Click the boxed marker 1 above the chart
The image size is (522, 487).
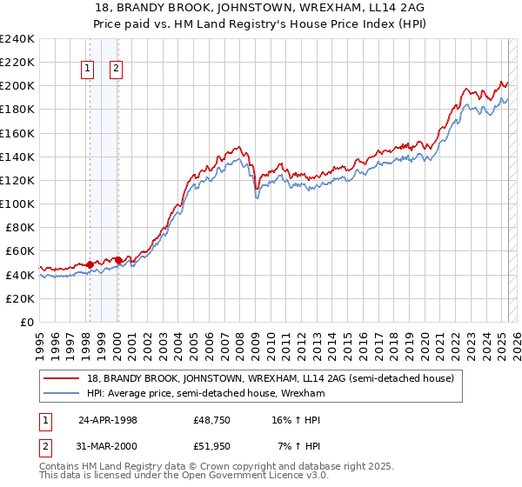pyautogui.click(x=89, y=70)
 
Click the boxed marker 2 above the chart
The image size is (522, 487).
pyautogui.click(x=117, y=70)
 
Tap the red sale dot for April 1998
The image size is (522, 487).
pyautogui.click(x=90, y=264)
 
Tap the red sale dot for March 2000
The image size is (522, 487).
pyautogui.click(x=118, y=260)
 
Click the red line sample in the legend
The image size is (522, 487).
pyautogui.click(x=64, y=378)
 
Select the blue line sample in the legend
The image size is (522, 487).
pyautogui.click(x=64, y=393)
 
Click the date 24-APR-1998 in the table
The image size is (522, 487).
pyautogui.click(x=108, y=419)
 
